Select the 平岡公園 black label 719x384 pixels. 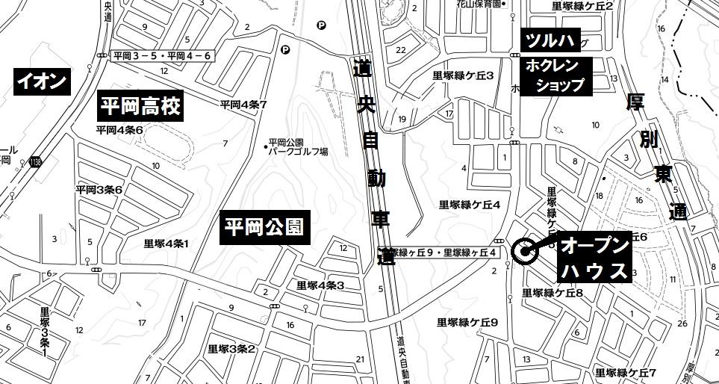(265, 227)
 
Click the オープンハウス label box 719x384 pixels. (594, 258)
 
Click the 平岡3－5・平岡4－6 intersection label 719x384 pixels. (162, 56)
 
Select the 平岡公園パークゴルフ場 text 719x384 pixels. (298, 146)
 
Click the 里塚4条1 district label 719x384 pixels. (166, 244)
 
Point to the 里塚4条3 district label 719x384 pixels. (320, 285)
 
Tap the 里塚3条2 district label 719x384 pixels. (231, 349)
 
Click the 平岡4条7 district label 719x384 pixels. (243, 105)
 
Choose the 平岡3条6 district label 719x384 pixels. (99, 190)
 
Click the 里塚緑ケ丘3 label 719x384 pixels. (464, 75)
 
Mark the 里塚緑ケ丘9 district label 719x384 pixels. (468, 322)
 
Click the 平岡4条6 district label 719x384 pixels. (119, 129)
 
